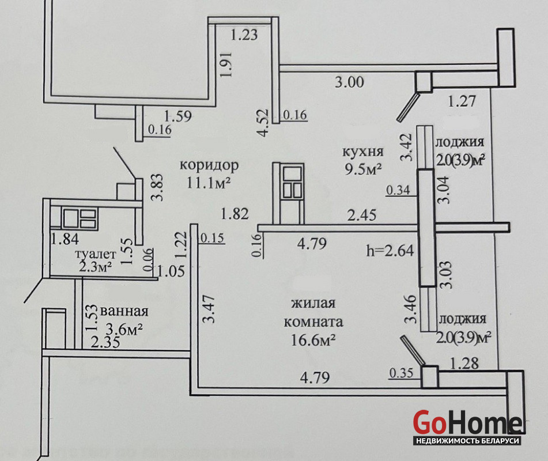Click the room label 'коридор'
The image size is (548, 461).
pyautogui.click(x=209, y=165)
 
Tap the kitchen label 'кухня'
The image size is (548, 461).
pyautogui.click(x=362, y=152)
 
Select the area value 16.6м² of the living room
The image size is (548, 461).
pyautogui.click(x=313, y=340)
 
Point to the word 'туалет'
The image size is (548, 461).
pyautogui.click(x=96, y=254)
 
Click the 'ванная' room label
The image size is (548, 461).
pyautogui.click(x=124, y=311)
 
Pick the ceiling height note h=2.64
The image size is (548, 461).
pyautogui.click(x=390, y=251)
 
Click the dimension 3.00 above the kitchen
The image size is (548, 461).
pyautogui.click(x=349, y=82)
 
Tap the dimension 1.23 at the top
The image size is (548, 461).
pyautogui.click(x=244, y=35)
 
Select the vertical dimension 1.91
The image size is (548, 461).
pyautogui.click(x=226, y=65)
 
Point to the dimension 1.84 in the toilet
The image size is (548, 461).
pyautogui.click(x=65, y=239)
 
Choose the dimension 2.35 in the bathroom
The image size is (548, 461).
pyautogui.click(x=105, y=341)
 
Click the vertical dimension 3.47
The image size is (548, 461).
pyautogui.click(x=209, y=309)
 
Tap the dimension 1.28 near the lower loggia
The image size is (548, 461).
pyautogui.click(x=464, y=364)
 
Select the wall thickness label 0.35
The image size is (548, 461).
pyautogui.click(x=401, y=373)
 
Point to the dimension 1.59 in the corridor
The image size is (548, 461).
pyautogui.click(x=178, y=116)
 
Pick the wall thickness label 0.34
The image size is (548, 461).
pyautogui.click(x=398, y=191)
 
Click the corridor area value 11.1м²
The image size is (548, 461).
pyautogui.click(x=208, y=183)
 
